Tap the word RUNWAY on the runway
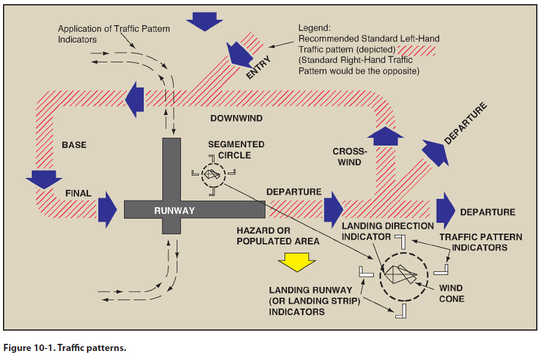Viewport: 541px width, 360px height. click(x=174, y=210)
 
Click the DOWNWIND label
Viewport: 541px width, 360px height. click(x=236, y=118)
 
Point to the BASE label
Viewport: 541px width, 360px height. click(x=74, y=145)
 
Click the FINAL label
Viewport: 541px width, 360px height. click(x=78, y=193)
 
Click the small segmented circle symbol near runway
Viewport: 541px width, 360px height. click(x=211, y=175)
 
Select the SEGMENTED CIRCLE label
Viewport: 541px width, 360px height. click(x=236, y=150)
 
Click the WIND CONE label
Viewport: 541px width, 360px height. click(x=451, y=294)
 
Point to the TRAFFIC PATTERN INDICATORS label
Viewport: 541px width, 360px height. click(x=480, y=242)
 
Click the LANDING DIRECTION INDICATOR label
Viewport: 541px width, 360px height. click(x=388, y=231)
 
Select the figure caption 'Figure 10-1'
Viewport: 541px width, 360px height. click(x=65, y=348)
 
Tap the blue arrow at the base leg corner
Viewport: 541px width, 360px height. click(x=44, y=179)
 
